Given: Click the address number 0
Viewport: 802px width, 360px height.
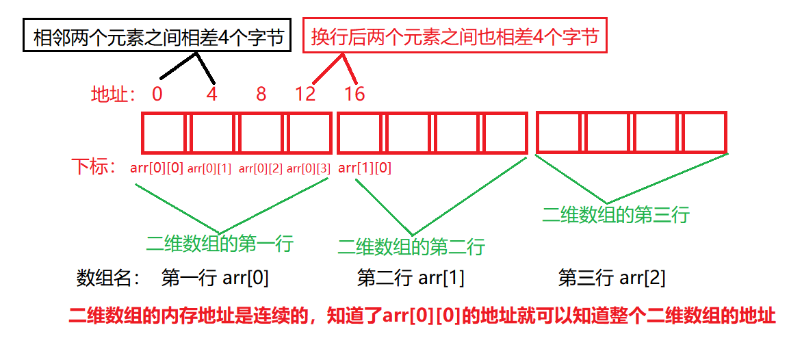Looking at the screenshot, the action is pyautogui.click(x=157, y=94).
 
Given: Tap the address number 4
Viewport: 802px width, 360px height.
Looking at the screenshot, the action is pyautogui.click(x=211, y=94).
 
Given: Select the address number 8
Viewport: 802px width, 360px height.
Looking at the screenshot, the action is pyautogui.click(x=261, y=94).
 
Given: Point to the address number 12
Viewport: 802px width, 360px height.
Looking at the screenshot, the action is pyautogui.click(x=305, y=94).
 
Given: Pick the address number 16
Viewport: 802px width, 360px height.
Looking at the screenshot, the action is pyautogui.click(x=354, y=94).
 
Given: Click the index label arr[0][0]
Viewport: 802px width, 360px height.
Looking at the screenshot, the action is pyautogui.click(x=157, y=168).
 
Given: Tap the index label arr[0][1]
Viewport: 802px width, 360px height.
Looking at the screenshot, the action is pyautogui.click(x=209, y=168).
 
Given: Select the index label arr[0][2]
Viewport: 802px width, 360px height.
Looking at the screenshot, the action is pyautogui.click(x=260, y=168).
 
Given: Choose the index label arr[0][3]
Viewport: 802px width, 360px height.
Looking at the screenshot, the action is pyautogui.click(x=308, y=168).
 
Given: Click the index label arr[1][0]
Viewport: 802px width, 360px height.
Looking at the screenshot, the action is pyautogui.click(x=365, y=168).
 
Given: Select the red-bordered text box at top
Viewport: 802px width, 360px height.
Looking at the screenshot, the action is pyautogui.click(x=455, y=36).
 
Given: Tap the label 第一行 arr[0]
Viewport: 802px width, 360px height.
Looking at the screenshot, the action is pyautogui.click(x=215, y=278).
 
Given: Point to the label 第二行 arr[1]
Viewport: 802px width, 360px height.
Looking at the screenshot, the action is pyautogui.click(x=411, y=278).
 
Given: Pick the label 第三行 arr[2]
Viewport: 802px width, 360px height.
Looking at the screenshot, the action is pyautogui.click(x=612, y=278).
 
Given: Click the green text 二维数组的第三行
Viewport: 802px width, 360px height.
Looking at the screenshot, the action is pyautogui.click(x=615, y=214).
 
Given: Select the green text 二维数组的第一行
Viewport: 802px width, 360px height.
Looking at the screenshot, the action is pyautogui.click(x=219, y=243).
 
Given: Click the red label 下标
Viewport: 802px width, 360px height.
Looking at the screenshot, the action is pyautogui.click(x=94, y=168).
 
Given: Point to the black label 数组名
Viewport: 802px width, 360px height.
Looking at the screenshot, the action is pyautogui.click(x=108, y=279).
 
